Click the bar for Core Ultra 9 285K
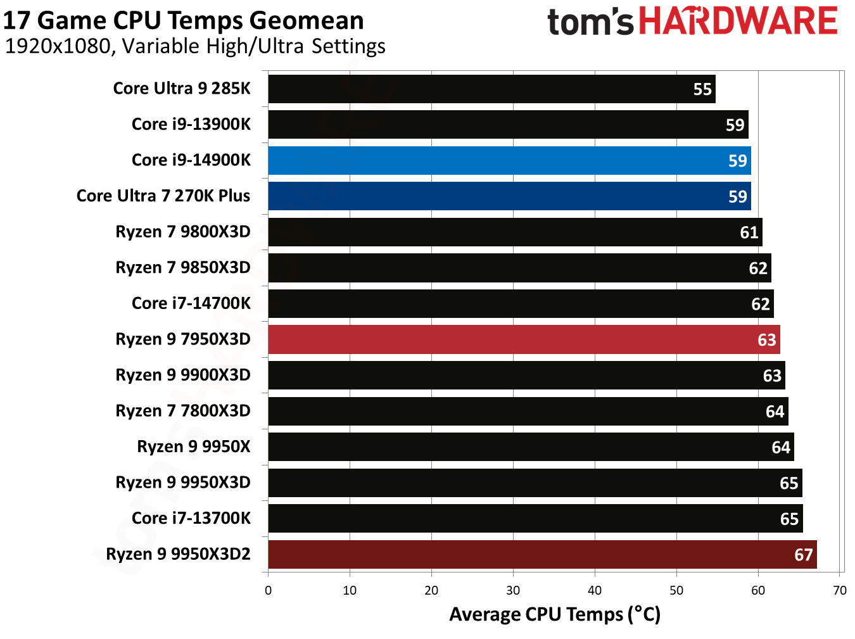pos(491,89)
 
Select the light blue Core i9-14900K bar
pos(509,161)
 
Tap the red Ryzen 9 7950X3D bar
pos(524,339)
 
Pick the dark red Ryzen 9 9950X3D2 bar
pos(542,555)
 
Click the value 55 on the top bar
pos(702,89)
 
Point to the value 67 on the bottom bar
pos(803,555)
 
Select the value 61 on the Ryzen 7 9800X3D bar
pos(749,233)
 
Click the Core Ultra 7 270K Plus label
pos(163,196)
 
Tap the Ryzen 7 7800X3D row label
pos(183,411)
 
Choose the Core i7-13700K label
pos(191,519)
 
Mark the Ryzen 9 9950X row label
pos(194,447)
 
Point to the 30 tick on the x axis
pos(513,591)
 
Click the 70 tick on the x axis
pos(840,591)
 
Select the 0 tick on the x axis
pos(268,591)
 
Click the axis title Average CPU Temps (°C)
pos(555,614)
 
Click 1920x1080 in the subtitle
pos(58,46)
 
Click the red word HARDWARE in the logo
pos(738,21)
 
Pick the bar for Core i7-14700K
pos(521,304)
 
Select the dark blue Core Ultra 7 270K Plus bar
pos(509,196)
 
